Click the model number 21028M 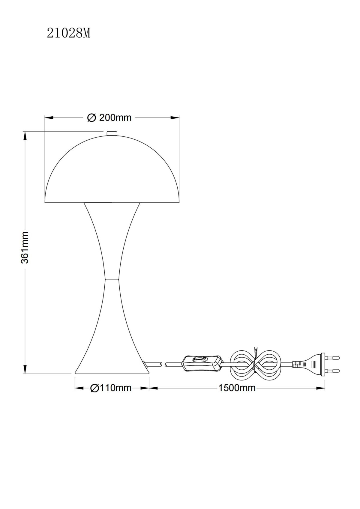[x=69, y=34]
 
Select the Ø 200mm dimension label [x=109, y=118]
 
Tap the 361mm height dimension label [x=25, y=248]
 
